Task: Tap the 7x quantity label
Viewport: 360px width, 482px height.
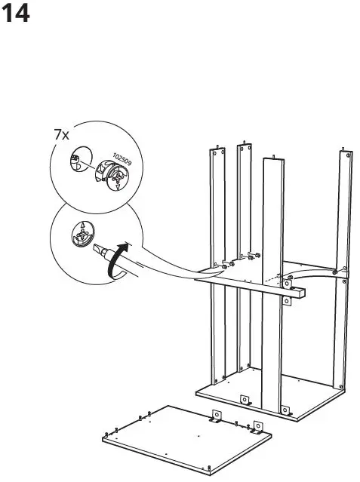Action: click(x=61, y=135)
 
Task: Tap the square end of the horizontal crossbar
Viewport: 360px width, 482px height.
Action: click(x=302, y=290)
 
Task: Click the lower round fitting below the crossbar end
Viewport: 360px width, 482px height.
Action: click(x=288, y=302)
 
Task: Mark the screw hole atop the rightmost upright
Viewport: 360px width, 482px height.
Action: click(x=348, y=155)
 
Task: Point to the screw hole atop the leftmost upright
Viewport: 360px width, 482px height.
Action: click(x=217, y=154)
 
